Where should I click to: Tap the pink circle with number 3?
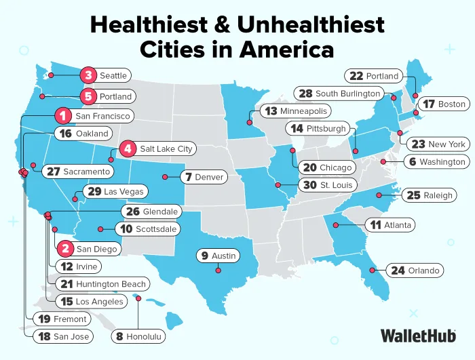(x=88, y=75)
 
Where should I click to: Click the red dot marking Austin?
(x=218, y=271)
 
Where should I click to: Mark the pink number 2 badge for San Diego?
(x=65, y=249)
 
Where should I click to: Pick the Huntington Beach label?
(x=102, y=284)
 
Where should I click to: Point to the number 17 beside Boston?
(x=427, y=104)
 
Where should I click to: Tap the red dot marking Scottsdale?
(x=100, y=228)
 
